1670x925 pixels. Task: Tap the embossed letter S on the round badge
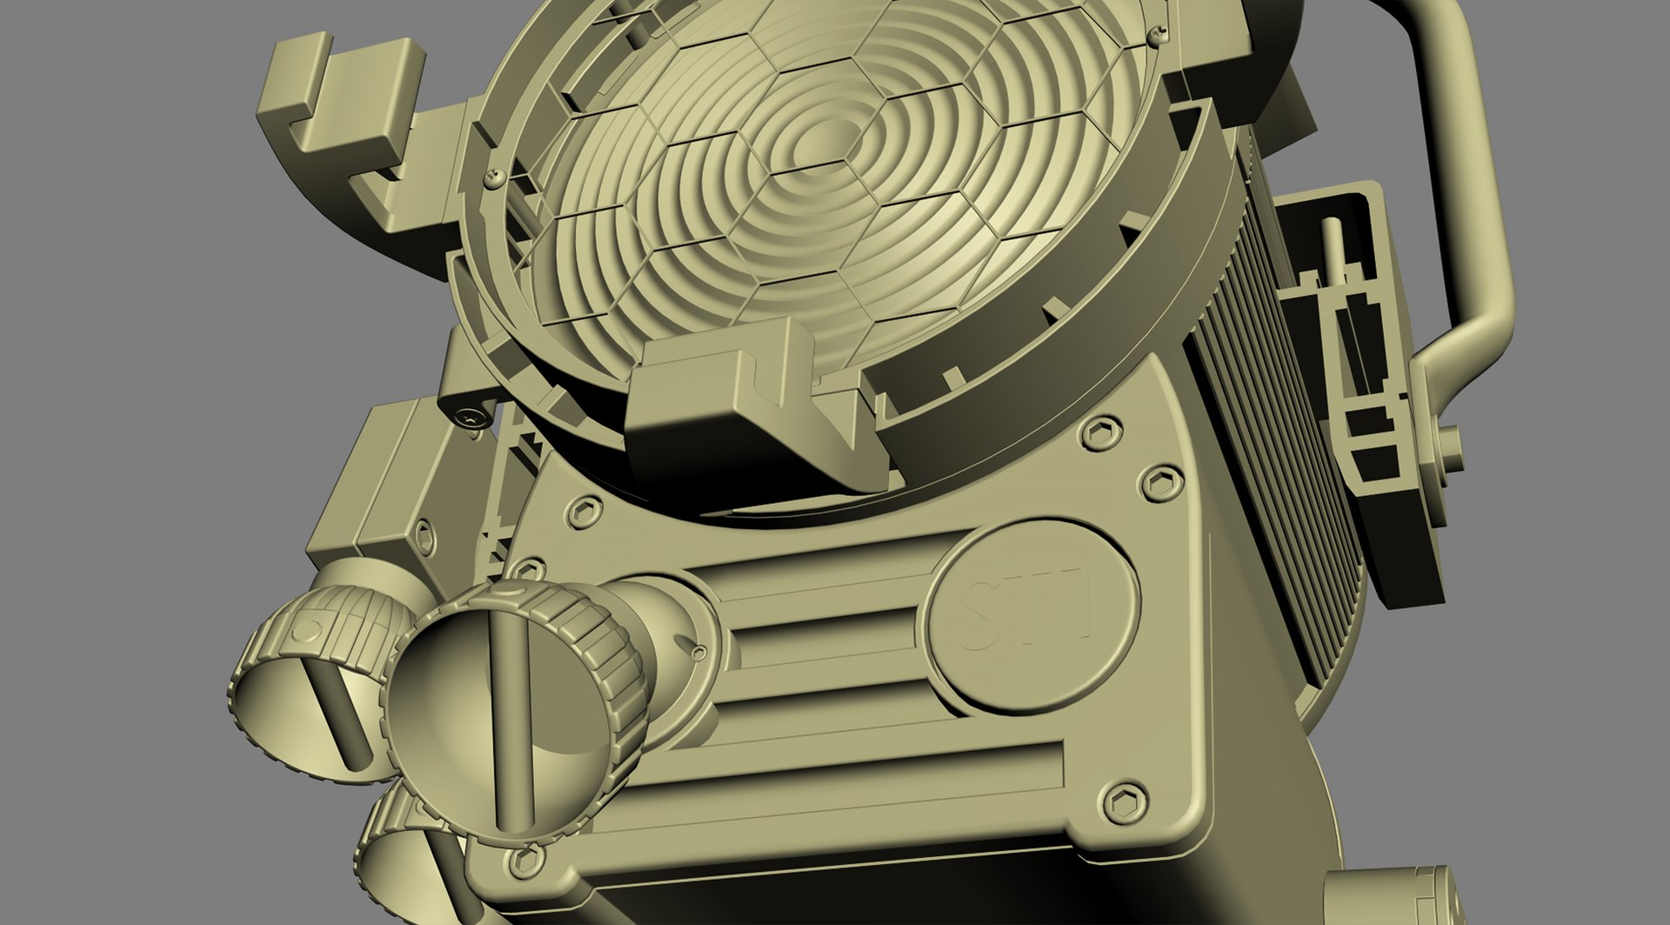pyautogui.click(x=980, y=617)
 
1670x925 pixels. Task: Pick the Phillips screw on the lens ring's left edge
pyautogui.click(x=496, y=178)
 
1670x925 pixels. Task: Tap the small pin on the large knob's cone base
pyautogui.click(x=698, y=651)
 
